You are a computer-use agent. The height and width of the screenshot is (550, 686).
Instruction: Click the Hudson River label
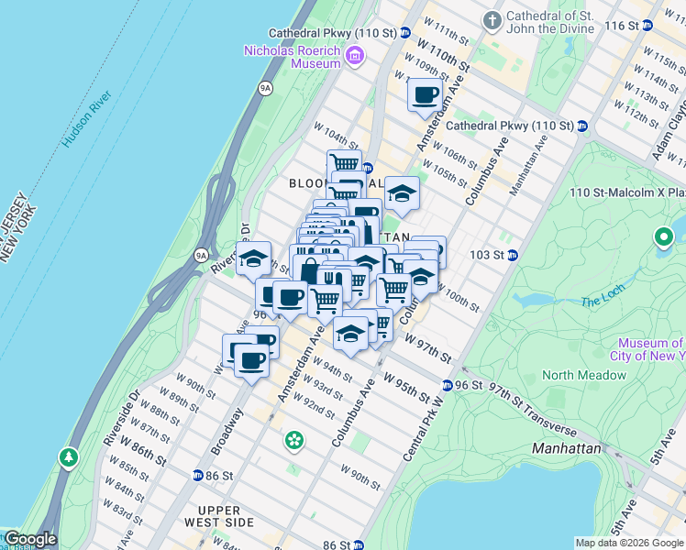coord(87,119)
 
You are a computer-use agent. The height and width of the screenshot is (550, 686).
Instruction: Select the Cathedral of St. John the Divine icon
coord(492,19)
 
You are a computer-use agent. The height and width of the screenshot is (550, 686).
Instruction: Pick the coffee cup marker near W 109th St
coord(425,94)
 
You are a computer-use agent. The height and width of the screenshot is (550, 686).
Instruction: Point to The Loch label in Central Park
coord(602,302)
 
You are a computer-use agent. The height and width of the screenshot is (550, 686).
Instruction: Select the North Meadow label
coord(583,375)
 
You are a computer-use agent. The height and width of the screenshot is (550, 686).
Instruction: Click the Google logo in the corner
coord(29,540)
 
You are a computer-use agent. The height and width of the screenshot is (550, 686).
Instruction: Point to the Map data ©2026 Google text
coord(628,543)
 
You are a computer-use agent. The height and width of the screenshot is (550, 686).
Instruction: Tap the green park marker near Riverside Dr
coord(68,456)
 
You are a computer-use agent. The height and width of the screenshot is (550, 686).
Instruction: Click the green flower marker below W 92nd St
coord(293,441)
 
